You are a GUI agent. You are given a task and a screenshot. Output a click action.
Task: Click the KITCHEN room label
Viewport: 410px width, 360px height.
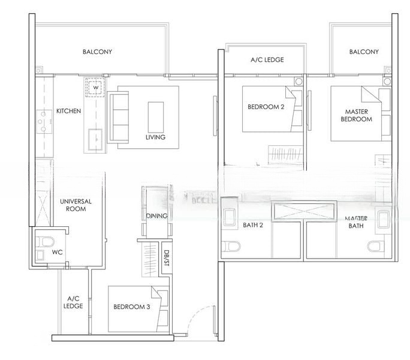coord(69,112)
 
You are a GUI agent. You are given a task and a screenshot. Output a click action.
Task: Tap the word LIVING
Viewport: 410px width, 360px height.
coord(155,137)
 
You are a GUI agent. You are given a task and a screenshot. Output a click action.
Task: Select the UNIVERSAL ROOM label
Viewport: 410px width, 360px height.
coord(77,205)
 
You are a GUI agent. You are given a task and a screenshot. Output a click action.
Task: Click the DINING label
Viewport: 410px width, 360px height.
coord(156,216)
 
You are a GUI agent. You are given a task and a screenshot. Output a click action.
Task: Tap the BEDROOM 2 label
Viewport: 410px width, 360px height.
coord(266,107)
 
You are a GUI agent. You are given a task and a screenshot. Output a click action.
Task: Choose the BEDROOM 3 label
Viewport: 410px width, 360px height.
coord(131,307)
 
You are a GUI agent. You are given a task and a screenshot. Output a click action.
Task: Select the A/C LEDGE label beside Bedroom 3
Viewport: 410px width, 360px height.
coord(74,302)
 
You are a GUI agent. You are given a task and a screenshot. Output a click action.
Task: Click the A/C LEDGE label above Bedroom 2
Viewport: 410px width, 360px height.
coord(267,60)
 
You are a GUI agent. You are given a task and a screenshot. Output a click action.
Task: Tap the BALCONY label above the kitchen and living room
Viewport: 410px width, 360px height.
coord(97,52)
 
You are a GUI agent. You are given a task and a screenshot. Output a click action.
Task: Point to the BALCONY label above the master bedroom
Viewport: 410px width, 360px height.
coord(364,52)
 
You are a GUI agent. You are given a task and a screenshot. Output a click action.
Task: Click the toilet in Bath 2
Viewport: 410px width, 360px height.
coord(232,246)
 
